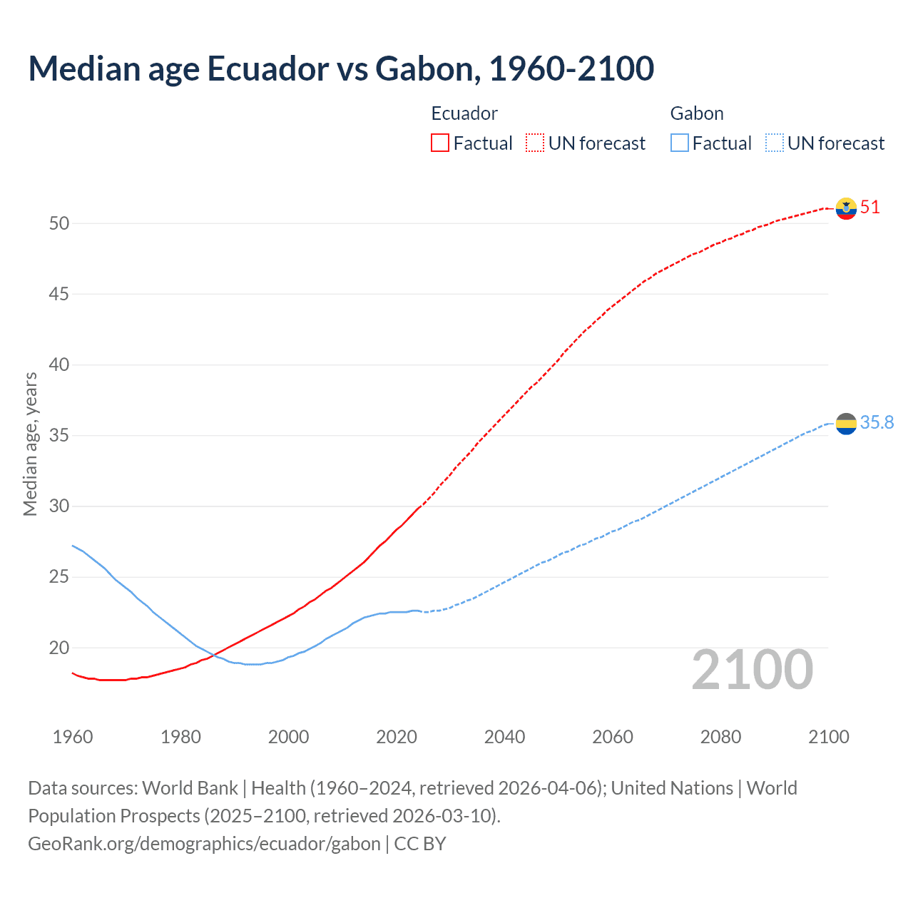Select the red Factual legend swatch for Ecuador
tap(440, 143)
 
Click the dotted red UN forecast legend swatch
tap(535, 143)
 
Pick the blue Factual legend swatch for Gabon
tap(680, 143)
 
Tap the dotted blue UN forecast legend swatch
tap(775, 143)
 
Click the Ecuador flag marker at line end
tap(846, 208)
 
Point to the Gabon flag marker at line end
tap(846, 423)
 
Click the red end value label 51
tap(870, 208)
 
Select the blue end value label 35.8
tap(877, 423)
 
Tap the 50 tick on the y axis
tap(59, 223)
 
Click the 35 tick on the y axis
tap(59, 435)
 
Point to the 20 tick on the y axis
tap(59, 648)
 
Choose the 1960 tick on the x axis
tap(73, 737)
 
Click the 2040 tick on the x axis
tap(504, 737)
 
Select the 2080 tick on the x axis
tap(720, 737)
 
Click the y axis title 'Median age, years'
tap(30, 444)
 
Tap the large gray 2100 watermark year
tap(753, 670)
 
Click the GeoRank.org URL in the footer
tap(204, 844)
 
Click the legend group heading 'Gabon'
tap(697, 113)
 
